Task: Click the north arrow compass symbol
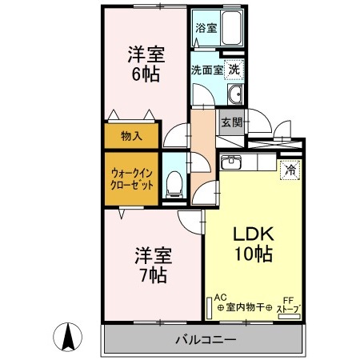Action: (x=67, y=337)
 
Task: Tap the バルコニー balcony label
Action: (x=206, y=340)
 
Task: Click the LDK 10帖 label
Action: (x=254, y=244)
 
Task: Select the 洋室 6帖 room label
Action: (x=146, y=64)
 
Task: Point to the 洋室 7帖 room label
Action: (x=154, y=265)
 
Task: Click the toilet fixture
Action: (x=174, y=185)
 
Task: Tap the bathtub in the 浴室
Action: (x=232, y=28)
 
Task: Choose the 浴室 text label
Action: (x=206, y=28)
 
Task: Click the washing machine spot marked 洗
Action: (x=234, y=70)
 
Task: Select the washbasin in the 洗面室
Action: (x=235, y=94)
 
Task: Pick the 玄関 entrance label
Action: (x=232, y=122)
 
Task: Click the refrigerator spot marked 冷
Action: (x=290, y=170)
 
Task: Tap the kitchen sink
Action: (x=231, y=162)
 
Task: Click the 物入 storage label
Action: (x=131, y=136)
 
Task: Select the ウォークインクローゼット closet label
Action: (x=132, y=178)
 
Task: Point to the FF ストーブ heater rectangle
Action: (x=290, y=317)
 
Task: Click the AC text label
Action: (x=220, y=297)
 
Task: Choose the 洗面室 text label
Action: (x=207, y=70)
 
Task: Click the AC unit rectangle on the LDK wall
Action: (x=209, y=308)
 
